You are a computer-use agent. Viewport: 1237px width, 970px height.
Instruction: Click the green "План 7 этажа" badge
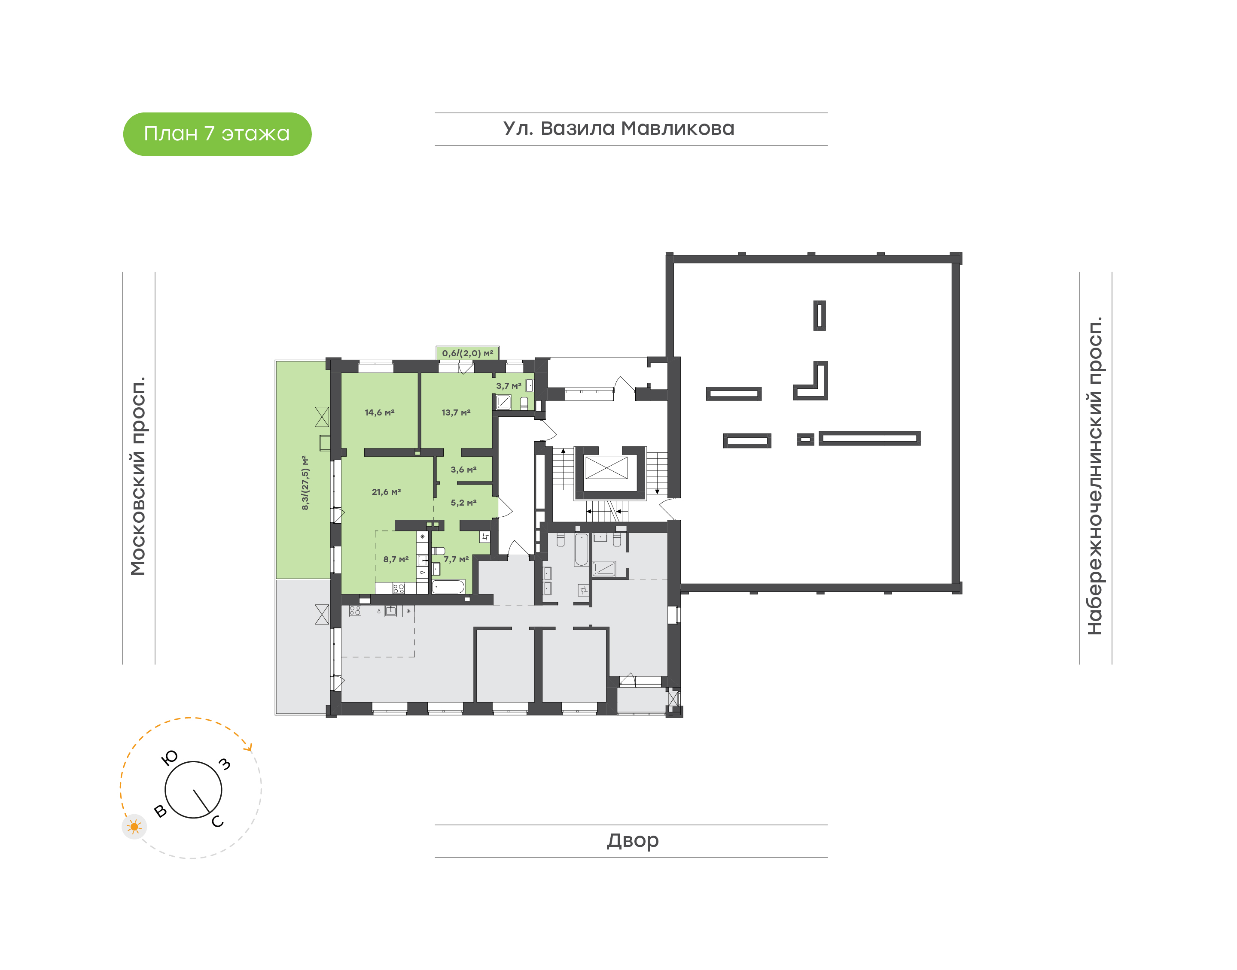(x=217, y=134)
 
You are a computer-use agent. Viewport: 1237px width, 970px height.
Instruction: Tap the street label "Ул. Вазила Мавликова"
(x=619, y=128)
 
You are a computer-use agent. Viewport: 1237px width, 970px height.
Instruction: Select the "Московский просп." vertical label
(x=138, y=476)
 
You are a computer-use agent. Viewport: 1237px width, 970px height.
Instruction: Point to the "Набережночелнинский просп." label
(x=1095, y=476)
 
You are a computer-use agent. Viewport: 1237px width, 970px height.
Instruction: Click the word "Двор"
(x=632, y=840)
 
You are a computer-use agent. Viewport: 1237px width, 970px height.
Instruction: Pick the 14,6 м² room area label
(x=380, y=412)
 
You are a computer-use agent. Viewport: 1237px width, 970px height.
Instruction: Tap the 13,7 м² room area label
(x=456, y=412)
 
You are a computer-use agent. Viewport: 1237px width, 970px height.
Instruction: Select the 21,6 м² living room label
(x=387, y=492)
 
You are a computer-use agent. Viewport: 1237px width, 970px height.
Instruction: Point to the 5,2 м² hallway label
(x=464, y=503)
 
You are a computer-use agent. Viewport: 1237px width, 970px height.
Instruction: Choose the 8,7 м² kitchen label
(x=396, y=559)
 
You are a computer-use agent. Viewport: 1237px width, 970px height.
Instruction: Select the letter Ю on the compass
(x=170, y=758)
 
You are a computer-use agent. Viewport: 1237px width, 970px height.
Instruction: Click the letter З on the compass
(x=225, y=764)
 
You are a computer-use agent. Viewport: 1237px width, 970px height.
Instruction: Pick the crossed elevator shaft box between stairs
(x=606, y=467)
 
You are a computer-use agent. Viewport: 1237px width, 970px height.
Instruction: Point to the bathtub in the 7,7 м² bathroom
(x=448, y=586)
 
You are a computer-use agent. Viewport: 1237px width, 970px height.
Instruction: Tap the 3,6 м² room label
(x=464, y=470)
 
